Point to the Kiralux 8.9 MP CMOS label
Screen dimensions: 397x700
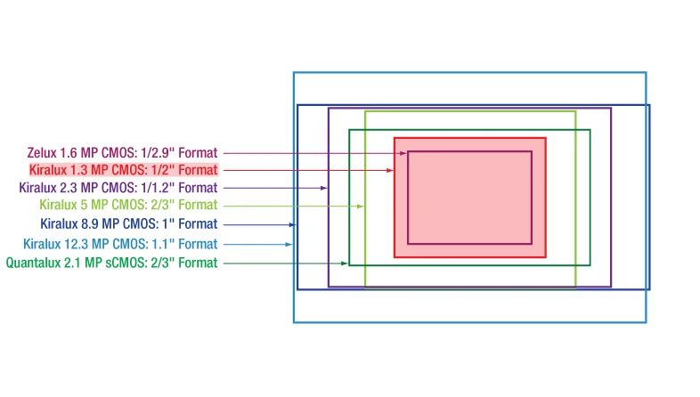128,224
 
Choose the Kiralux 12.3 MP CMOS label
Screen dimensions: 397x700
120,244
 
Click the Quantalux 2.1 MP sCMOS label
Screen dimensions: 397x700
111,263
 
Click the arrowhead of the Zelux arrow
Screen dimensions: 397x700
403,153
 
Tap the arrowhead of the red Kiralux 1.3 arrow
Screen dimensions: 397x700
390,170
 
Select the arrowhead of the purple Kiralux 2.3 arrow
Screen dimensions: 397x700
324,188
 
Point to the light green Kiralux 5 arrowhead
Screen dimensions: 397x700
361,206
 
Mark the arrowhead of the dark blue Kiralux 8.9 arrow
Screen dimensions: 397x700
293,224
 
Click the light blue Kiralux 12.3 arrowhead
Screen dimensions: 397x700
289,244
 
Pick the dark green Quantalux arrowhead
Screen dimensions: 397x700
345,263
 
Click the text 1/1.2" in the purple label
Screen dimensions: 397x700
158,188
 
